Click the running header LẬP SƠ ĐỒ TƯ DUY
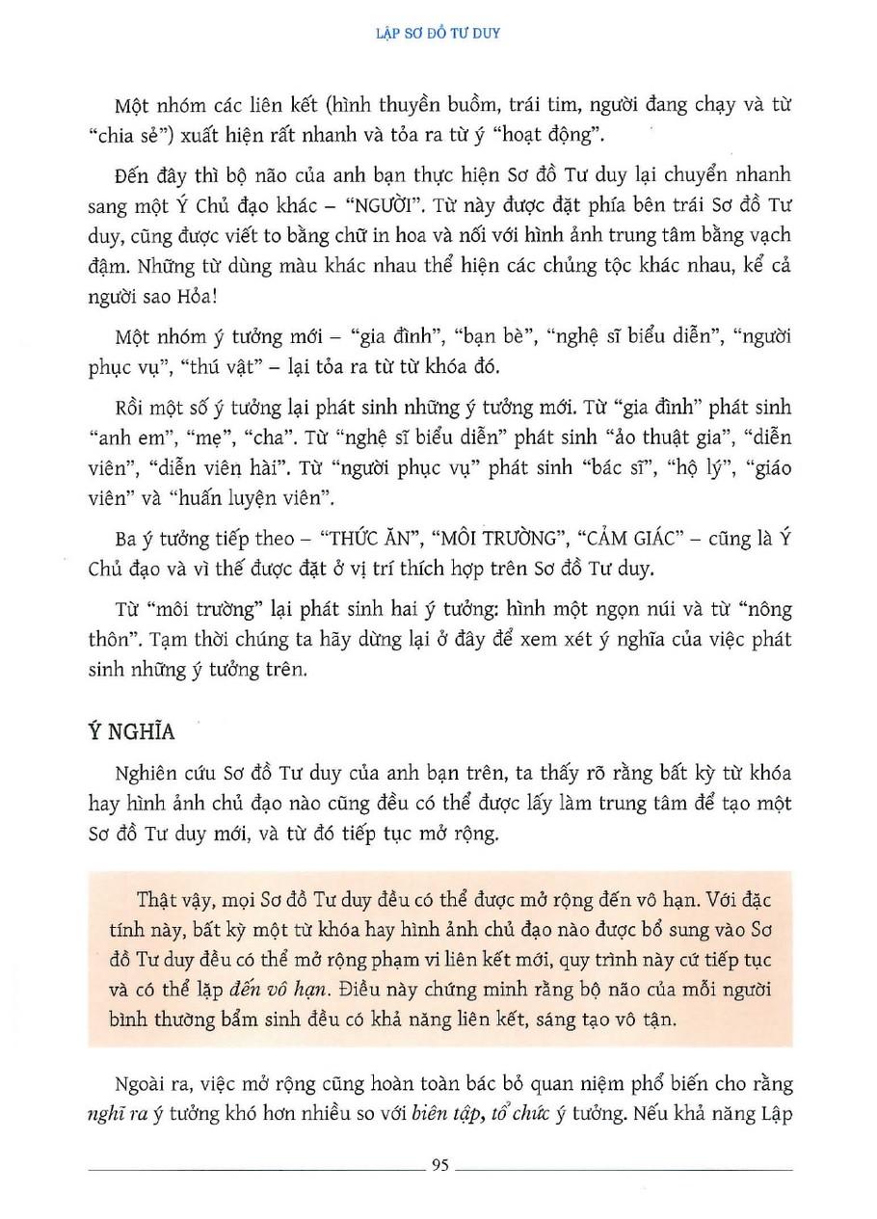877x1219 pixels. [x=438, y=32]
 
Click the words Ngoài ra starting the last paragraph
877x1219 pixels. [x=150, y=1083]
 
